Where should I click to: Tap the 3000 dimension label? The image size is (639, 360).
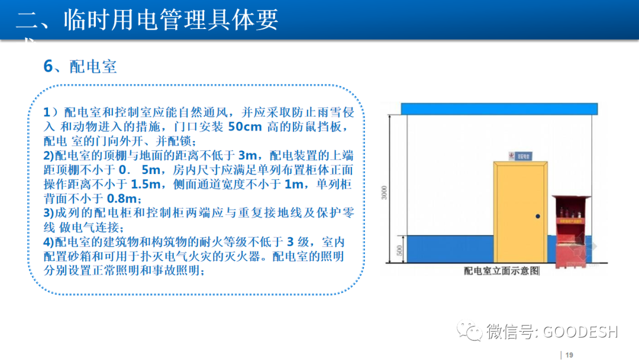pos(384,193)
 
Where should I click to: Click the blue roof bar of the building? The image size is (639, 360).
pos(497,109)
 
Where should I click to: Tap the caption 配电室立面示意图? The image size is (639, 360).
pos(502,272)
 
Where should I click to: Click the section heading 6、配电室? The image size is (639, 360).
pos(80,66)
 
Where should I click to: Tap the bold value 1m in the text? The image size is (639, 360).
pos(293,184)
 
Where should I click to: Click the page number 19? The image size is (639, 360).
pos(570,355)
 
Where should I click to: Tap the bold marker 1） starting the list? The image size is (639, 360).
pos(51,112)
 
